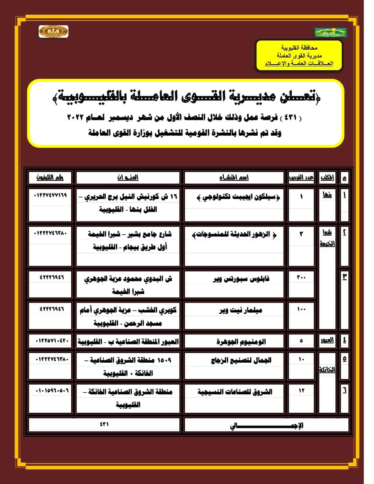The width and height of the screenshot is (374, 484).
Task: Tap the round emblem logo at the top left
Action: click(x=53, y=32)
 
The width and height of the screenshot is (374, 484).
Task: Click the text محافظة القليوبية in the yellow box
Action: click(x=299, y=48)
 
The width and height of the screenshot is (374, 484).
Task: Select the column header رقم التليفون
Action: click(x=50, y=178)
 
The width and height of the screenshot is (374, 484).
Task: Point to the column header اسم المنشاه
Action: click(x=234, y=178)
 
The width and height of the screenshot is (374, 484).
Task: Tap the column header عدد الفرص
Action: click(x=301, y=178)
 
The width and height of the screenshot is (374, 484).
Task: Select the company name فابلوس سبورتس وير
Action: click(x=241, y=279)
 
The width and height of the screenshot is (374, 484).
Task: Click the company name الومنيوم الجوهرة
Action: click(x=241, y=342)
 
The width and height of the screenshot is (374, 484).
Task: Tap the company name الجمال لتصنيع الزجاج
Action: click(x=241, y=360)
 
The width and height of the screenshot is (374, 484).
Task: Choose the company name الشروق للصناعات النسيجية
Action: click(x=235, y=392)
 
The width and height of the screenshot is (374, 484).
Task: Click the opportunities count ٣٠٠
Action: click(x=301, y=278)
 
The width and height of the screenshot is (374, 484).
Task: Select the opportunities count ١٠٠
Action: click(x=301, y=309)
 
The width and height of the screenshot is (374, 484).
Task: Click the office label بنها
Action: click(x=327, y=195)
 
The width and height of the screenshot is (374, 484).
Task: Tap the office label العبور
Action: click(x=327, y=340)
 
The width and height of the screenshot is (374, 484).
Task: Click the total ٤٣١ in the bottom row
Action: click(x=104, y=424)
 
